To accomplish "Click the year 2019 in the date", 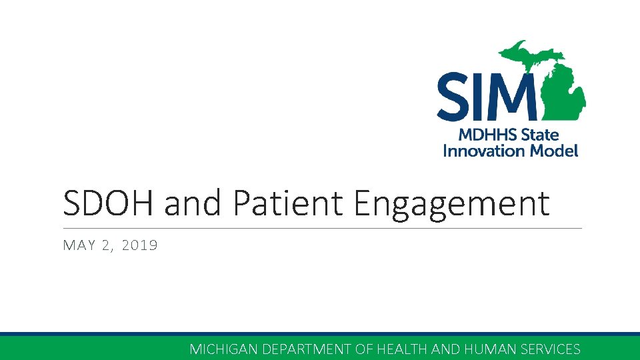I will click(140, 245).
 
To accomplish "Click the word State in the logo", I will click(540, 135).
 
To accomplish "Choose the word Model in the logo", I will click(553, 151).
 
